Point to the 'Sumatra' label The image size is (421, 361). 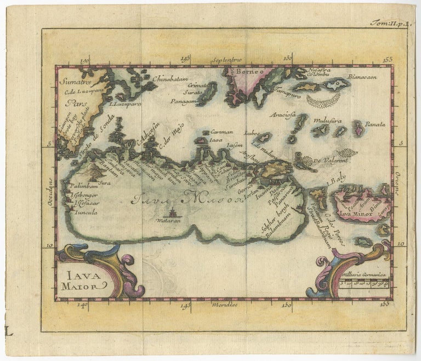pos(73,83)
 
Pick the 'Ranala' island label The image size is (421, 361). pos(374,125)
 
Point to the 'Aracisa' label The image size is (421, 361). pos(283,115)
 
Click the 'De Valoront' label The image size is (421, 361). pos(332,161)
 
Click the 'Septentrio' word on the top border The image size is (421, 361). pos(228,59)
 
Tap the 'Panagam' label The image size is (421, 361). pos(183,101)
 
